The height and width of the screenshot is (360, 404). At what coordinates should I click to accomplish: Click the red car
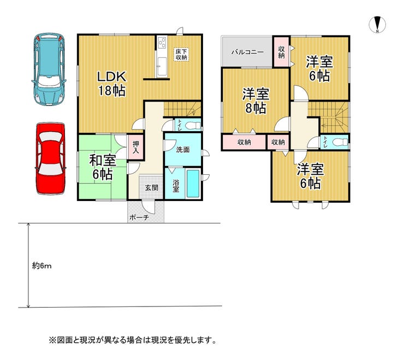click(50, 158)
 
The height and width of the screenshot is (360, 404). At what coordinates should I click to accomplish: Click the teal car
click(49, 69)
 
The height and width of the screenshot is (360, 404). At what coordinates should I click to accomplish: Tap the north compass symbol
click(377, 25)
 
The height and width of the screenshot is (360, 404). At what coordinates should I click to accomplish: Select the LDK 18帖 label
click(112, 84)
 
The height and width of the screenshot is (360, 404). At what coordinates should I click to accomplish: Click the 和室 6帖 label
click(102, 167)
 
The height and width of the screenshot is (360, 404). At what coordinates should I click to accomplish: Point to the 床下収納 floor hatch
click(181, 55)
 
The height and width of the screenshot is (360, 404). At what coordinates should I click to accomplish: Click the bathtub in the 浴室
click(193, 184)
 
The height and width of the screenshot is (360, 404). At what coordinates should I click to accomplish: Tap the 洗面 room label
click(183, 150)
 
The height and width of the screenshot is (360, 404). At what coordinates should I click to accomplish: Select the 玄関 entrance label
click(152, 188)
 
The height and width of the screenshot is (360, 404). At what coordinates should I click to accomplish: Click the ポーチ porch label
click(139, 217)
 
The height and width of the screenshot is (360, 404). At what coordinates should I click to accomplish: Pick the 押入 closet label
click(136, 147)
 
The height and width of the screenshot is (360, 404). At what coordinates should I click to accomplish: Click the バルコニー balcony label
click(247, 52)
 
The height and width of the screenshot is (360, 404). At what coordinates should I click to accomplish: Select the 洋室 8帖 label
click(256, 101)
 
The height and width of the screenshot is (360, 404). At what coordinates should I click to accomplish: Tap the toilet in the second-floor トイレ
click(340, 142)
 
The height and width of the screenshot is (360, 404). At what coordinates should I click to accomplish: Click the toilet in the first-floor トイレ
click(193, 126)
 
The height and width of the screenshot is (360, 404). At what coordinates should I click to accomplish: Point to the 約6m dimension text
click(41, 265)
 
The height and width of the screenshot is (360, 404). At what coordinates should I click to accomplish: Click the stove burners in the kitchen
click(162, 42)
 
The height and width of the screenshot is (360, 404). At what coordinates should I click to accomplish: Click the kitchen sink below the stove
click(162, 67)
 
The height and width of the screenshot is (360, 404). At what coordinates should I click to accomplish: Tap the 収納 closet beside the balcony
click(281, 52)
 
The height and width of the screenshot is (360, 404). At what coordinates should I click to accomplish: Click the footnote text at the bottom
click(133, 340)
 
